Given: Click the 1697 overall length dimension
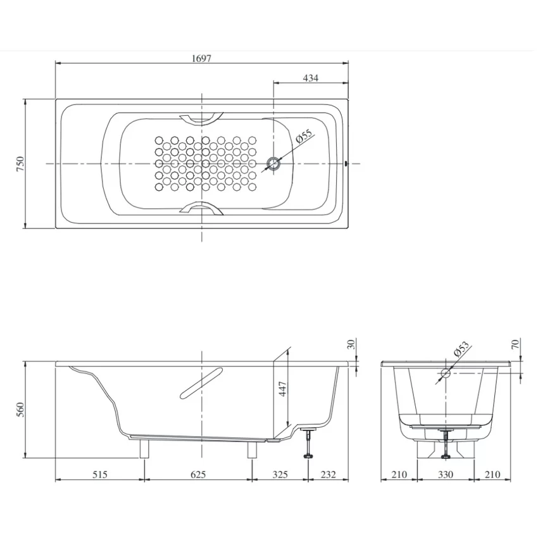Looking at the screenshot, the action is (x=201, y=58).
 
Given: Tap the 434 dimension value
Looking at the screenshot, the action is (x=311, y=78).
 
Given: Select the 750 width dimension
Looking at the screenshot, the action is (x=20, y=164).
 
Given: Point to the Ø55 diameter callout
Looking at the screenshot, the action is (x=304, y=136).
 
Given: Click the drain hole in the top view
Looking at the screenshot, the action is (x=273, y=164).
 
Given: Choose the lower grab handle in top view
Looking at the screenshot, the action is (x=201, y=209).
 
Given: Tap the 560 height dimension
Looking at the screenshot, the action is (x=20, y=410).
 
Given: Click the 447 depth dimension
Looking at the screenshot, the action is (x=283, y=389).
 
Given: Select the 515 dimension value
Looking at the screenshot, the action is (x=100, y=475).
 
